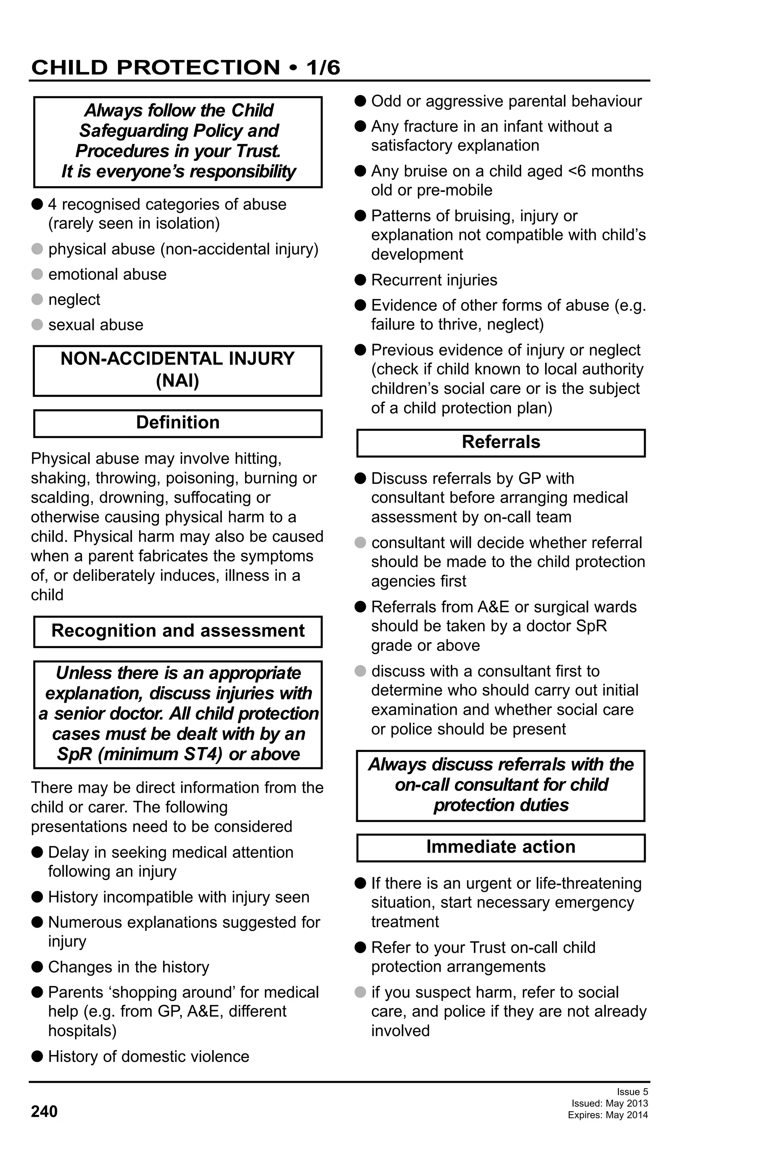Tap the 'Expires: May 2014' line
point(608,1115)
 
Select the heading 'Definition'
point(178,423)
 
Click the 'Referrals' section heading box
point(501,442)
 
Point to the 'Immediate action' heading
point(501,846)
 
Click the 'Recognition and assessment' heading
point(178,631)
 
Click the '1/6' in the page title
point(323,68)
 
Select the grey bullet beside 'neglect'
point(37,299)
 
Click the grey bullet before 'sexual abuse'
point(37,324)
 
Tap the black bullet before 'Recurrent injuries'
point(360,280)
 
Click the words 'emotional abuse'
point(107,274)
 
